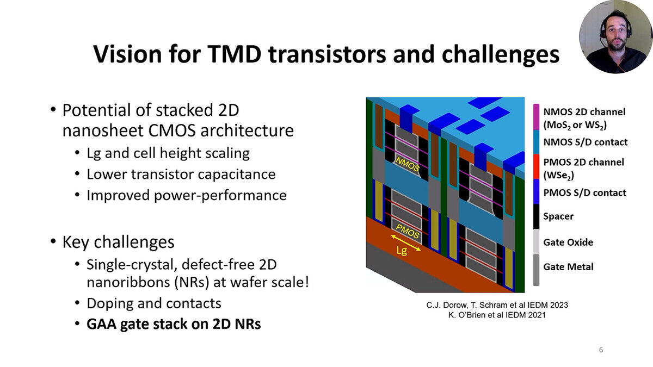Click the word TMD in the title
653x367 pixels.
click(235, 54)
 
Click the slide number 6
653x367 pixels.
click(601, 350)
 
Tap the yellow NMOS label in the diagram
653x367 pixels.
click(407, 165)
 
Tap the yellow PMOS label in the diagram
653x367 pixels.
click(407, 232)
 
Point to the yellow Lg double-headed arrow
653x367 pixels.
click(406, 242)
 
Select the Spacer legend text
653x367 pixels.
click(558, 216)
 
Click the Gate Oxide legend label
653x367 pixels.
click(568, 242)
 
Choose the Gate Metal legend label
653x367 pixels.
click(569, 266)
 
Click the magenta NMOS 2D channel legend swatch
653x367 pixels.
click(536, 117)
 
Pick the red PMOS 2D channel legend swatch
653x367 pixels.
click(536, 166)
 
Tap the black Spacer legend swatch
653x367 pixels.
click(536, 217)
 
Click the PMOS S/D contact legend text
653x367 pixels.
click(585, 192)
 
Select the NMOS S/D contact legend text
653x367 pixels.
click(586, 142)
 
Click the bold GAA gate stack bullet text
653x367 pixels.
click(174, 324)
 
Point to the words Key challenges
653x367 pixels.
click(119, 242)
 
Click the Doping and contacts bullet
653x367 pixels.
click(154, 303)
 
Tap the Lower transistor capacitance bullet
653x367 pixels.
click(181, 174)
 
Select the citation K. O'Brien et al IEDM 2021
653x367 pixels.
click(497, 315)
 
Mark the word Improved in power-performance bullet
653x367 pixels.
click(119, 195)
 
